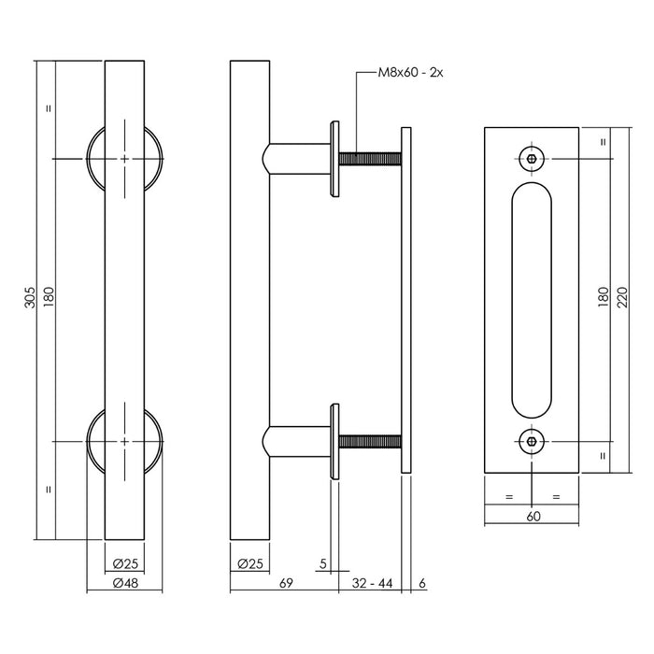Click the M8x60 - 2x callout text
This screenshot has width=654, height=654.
[x=410, y=72]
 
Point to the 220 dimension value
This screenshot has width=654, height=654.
[x=622, y=298]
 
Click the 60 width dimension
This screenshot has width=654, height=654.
[x=532, y=515]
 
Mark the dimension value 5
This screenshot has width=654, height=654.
[x=322, y=563]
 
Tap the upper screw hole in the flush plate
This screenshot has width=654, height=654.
[x=532, y=159]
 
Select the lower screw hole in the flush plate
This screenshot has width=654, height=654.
[x=532, y=440]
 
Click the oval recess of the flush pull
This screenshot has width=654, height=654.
[x=532, y=299]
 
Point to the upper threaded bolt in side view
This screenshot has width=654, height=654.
[x=370, y=159]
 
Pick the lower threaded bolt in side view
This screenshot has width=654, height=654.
[x=370, y=441]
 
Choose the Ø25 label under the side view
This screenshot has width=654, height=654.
[x=249, y=563]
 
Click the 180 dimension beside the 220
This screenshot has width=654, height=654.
[x=604, y=298]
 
